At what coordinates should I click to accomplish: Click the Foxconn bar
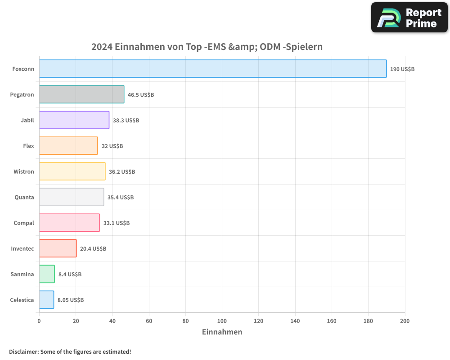(x=212, y=69)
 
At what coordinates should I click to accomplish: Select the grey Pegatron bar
(x=81, y=94)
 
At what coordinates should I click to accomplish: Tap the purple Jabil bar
(x=74, y=120)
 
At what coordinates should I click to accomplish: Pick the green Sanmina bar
(x=47, y=274)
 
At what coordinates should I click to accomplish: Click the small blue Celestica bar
(x=46, y=300)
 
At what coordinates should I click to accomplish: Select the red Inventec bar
(x=58, y=248)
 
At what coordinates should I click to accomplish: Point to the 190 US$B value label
(x=402, y=69)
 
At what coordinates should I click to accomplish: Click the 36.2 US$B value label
(x=121, y=171)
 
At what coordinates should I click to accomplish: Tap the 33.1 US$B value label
(x=116, y=223)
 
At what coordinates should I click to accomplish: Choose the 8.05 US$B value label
(x=70, y=300)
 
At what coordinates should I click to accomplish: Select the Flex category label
(x=28, y=146)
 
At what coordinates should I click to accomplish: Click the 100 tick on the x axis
(x=222, y=321)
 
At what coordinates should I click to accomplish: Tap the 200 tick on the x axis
(x=405, y=321)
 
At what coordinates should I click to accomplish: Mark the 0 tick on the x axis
(x=39, y=321)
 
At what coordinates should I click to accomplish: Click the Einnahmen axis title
(x=222, y=332)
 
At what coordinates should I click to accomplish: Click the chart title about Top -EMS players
(x=207, y=47)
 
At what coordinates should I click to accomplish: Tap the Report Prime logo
(x=409, y=18)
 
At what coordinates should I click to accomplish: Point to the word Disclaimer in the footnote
(x=23, y=351)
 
